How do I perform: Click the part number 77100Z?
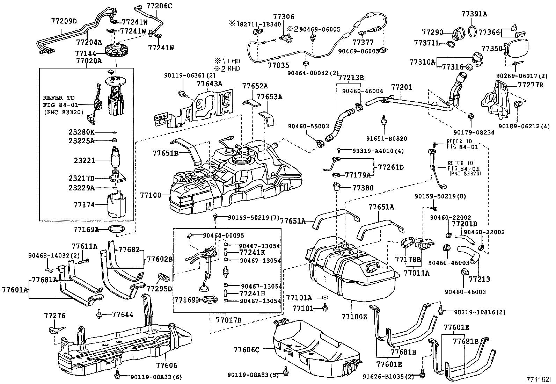[x=354, y=317]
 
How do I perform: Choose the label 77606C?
[x=246, y=349]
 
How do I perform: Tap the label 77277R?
[x=531, y=85]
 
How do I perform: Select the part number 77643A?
[x=209, y=84]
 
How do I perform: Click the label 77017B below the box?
[x=228, y=320]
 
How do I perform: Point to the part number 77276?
[x=55, y=316]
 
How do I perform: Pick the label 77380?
[x=363, y=188]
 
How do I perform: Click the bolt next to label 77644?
[x=99, y=314]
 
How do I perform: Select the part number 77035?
[x=278, y=65]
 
